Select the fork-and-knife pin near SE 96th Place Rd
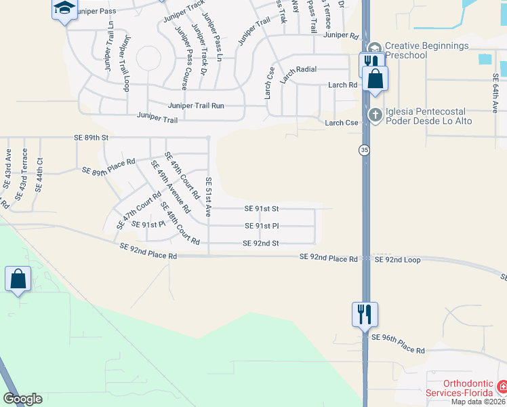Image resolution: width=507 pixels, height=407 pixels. tap(364, 314)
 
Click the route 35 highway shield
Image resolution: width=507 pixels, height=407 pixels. tap(365, 149)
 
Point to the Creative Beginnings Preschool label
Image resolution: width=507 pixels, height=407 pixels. tap(426, 50)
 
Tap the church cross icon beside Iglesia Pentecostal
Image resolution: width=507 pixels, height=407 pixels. tap(375, 116)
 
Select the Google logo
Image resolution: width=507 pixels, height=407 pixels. tap(22, 399)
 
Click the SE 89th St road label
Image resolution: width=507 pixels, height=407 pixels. tap(92, 137)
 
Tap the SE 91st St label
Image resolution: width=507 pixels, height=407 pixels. tap(261, 209)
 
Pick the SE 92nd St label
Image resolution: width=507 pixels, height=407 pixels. tap(261, 243)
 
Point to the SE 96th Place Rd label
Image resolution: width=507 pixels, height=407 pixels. tap(397, 351)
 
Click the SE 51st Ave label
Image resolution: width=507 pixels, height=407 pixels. tap(209, 197)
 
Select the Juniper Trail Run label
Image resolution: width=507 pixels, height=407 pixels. tap(196, 106)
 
